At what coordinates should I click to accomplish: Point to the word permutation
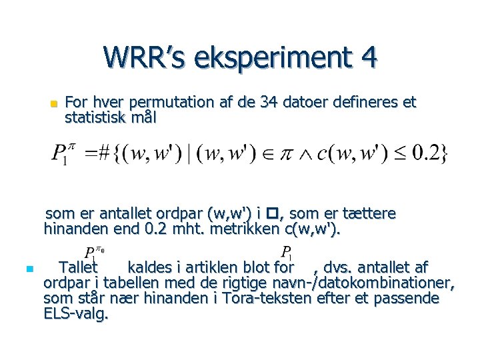(x=170, y=103)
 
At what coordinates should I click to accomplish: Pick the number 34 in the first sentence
(x=271, y=103)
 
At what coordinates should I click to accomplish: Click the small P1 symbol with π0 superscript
(x=95, y=253)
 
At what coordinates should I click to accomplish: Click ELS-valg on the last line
(x=75, y=313)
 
